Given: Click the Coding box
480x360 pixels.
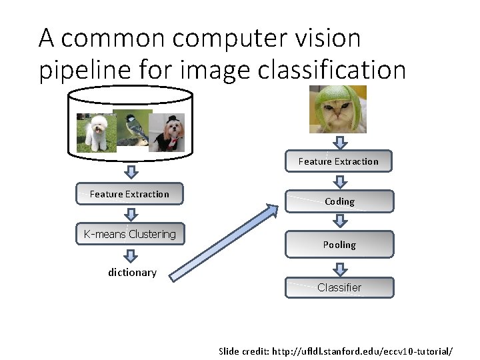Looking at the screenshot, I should click(339, 201).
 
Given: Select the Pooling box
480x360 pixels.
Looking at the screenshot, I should click(339, 245).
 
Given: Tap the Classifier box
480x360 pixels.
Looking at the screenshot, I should click(339, 287).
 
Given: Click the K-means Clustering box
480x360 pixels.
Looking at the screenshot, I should click(130, 234).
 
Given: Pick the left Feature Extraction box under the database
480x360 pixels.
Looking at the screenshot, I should click(129, 194).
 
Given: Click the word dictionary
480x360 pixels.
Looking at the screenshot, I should click(132, 272).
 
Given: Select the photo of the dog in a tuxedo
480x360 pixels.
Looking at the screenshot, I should click(167, 133).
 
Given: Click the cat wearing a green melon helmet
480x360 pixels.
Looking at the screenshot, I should click(337, 109).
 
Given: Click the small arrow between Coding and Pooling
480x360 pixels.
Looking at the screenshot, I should click(340, 222).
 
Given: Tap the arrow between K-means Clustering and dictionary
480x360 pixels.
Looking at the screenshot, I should click(131, 256).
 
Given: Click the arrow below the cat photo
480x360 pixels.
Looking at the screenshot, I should click(340, 143).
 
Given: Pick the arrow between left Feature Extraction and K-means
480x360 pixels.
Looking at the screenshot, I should click(131, 214).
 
